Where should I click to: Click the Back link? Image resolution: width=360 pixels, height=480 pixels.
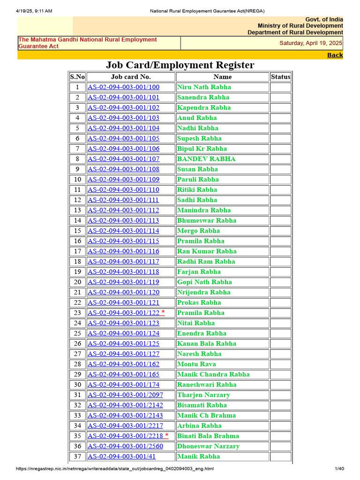coord(335,55)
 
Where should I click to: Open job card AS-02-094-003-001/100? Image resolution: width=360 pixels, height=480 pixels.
coord(123,87)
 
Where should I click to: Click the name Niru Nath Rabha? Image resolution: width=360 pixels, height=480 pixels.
coord(204,87)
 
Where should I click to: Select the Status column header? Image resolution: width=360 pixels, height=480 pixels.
coord(280,77)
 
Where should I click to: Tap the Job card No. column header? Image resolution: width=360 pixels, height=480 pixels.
coord(131,77)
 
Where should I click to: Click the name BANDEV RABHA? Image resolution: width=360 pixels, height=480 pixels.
coord(206,159)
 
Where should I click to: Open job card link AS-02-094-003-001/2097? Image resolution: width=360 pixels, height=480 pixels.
coord(125,395)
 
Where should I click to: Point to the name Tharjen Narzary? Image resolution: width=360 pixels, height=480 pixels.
coord(203,395)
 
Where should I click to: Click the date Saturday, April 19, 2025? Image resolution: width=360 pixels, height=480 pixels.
coord(311,43)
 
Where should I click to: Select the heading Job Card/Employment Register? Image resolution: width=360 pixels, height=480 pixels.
coord(180,65)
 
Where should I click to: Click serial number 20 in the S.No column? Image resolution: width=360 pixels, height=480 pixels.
coord(77,282)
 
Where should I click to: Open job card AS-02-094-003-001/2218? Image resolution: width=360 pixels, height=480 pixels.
coord(125,436)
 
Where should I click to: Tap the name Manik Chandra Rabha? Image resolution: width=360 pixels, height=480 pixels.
coord(213,375)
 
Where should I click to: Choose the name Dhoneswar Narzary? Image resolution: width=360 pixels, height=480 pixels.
coord(208,446)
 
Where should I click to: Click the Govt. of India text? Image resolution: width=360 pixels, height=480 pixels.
coord(324,19)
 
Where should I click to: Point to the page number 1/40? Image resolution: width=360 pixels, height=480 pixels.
coord(339,469)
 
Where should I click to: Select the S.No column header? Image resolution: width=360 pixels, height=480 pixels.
coord(77,77)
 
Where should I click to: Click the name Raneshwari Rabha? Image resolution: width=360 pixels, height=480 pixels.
coord(207,385)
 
